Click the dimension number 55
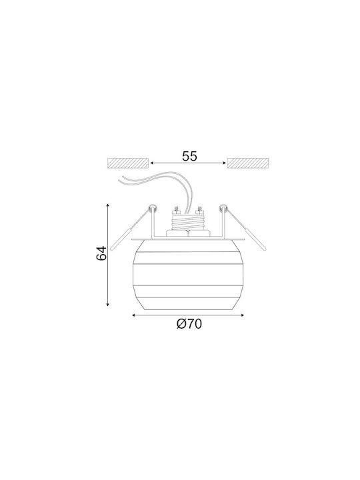tap(189, 157)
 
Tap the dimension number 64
tap(101, 253)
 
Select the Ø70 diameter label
tap(189, 324)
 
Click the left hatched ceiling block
tap(128, 163)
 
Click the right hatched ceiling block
tap(248, 163)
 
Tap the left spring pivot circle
tap(153, 209)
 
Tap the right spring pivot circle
tap(223, 209)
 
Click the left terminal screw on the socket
tap(176, 210)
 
